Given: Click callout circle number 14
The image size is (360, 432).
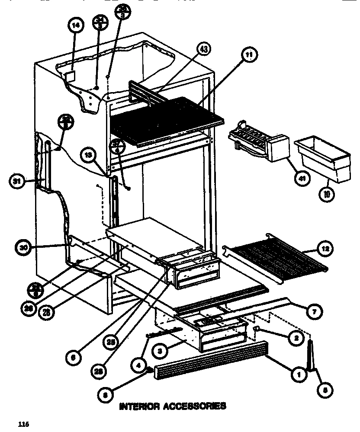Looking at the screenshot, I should [75, 26].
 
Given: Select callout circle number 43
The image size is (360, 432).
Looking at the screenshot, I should [203, 50].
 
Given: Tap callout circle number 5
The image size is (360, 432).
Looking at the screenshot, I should [325, 390].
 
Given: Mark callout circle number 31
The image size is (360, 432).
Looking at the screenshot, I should [16, 181].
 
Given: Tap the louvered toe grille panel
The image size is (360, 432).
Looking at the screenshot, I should [211, 358].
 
